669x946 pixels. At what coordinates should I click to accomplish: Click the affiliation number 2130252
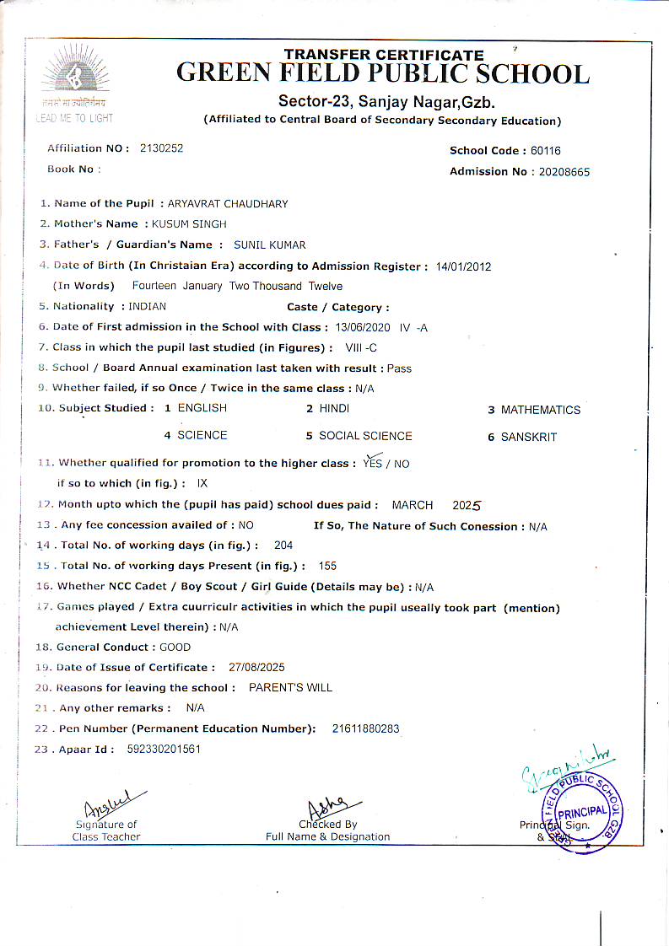161,148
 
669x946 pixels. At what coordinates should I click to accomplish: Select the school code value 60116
546,151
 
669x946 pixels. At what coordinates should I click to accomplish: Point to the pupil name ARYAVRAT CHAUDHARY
228,204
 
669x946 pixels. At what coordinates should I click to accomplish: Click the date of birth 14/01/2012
463,266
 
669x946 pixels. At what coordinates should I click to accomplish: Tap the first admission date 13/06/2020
364,327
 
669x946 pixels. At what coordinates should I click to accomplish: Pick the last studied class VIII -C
360,347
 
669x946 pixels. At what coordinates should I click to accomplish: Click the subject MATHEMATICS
541,411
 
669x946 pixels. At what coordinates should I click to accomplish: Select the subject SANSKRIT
529,438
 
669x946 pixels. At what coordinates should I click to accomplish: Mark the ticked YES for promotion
372,463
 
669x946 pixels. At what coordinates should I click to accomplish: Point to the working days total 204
283,546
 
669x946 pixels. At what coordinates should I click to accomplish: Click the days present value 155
327,566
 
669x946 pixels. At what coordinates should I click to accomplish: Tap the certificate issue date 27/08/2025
256,667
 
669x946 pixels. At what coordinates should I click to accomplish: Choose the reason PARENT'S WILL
290,687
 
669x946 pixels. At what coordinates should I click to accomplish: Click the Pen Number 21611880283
365,728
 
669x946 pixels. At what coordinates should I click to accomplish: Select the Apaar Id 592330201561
164,749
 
